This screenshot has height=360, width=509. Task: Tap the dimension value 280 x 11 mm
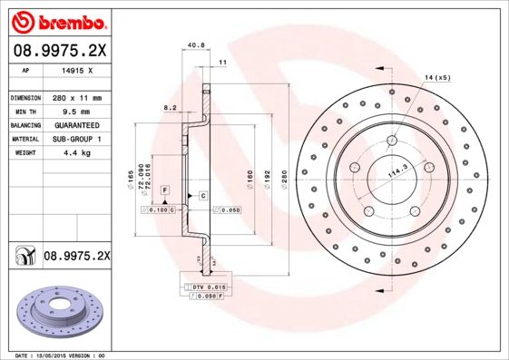[75, 97]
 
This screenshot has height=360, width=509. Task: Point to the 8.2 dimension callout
[170, 107]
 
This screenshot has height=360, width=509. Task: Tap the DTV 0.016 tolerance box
[207, 287]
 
